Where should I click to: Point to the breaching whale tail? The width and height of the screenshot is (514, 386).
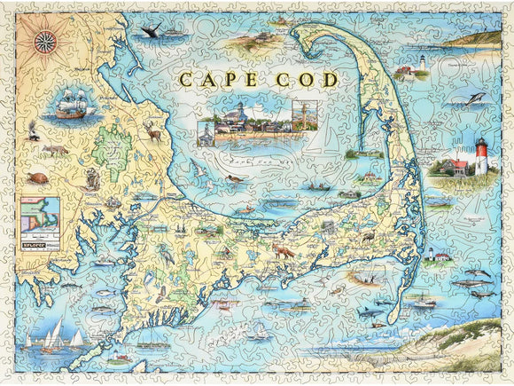click(150, 32)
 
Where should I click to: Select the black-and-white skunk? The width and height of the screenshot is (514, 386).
click(34, 135)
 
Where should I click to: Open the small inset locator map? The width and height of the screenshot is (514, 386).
click(41, 212)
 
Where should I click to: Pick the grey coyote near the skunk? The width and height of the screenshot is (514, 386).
click(55, 150)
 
